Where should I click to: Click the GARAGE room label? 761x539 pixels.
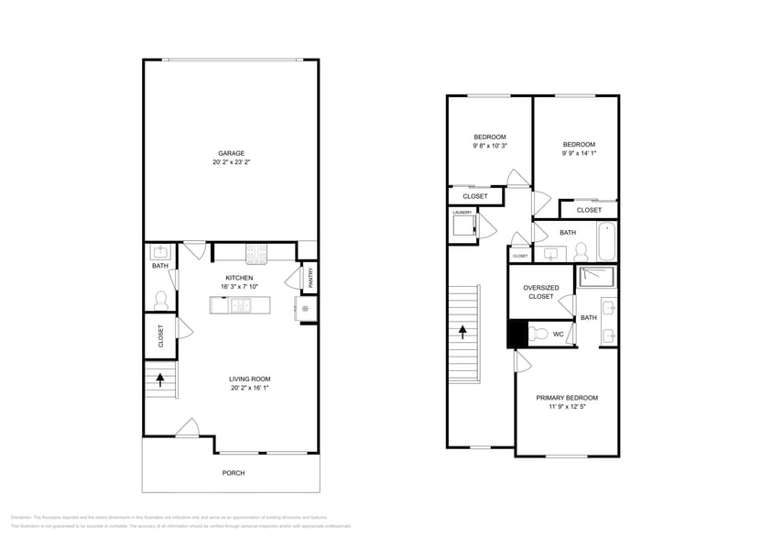[231, 153]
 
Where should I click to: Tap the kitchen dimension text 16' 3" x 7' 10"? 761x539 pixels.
[239, 287]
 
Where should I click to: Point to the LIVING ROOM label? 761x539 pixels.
[249, 379]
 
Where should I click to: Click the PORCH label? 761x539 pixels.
[233, 473]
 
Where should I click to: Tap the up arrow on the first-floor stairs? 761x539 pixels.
[161, 378]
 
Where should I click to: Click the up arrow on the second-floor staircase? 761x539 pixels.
[463, 331]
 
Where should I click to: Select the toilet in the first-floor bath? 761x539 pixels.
[160, 299]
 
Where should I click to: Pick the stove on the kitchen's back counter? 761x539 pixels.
[255, 251]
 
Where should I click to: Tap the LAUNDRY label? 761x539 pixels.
[462, 213]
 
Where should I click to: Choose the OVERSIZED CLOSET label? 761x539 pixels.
[540, 291]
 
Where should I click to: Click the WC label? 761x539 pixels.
[558, 335]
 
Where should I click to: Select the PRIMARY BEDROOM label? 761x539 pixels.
[567, 398]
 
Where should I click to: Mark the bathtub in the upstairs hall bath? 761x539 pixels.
[604, 241]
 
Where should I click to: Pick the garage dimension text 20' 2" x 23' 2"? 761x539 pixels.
[231, 162]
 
